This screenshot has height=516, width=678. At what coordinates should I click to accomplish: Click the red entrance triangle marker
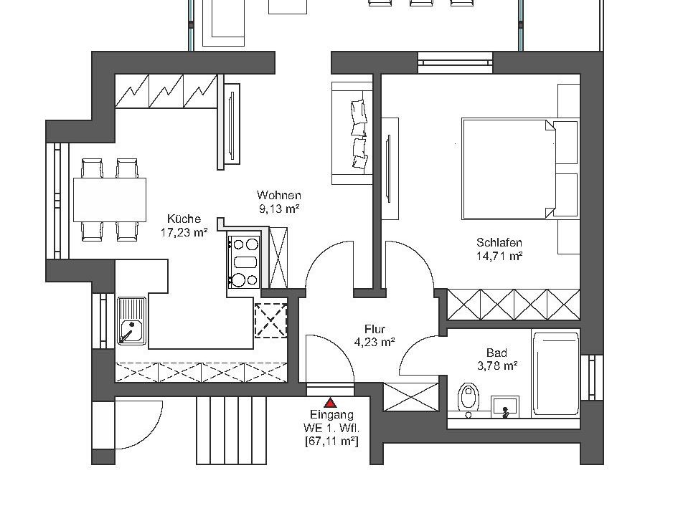tap(331, 403)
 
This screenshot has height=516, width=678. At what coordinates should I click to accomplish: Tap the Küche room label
tap(184, 219)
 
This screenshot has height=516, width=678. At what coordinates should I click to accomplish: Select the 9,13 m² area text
tap(279, 209)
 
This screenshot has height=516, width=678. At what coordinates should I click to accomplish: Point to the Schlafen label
tap(499, 242)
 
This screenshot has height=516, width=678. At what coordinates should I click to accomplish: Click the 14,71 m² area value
tap(499, 256)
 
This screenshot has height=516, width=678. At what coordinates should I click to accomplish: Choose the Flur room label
tap(375, 329)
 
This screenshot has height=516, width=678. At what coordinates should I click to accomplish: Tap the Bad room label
tap(496, 353)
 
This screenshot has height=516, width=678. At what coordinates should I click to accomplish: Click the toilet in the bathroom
tap(468, 399)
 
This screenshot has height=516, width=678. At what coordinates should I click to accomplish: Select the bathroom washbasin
tap(504, 406)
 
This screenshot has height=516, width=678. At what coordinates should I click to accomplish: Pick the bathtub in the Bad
tap(555, 373)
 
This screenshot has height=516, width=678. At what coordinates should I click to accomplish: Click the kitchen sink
tap(131, 321)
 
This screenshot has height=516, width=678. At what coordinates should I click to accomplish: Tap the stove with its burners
tap(243, 262)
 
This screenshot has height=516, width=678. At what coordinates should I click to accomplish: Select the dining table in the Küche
tap(110, 199)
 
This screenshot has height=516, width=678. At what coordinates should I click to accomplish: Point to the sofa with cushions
tap(352, 133)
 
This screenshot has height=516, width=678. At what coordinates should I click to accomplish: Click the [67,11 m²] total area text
tap(331, 441)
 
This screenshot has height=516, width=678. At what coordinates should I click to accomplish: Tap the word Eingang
tap(331, 415)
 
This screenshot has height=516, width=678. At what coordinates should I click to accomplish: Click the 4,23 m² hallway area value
tap(375, 343)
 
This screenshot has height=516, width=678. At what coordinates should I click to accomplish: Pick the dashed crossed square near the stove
tap(271, 320)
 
